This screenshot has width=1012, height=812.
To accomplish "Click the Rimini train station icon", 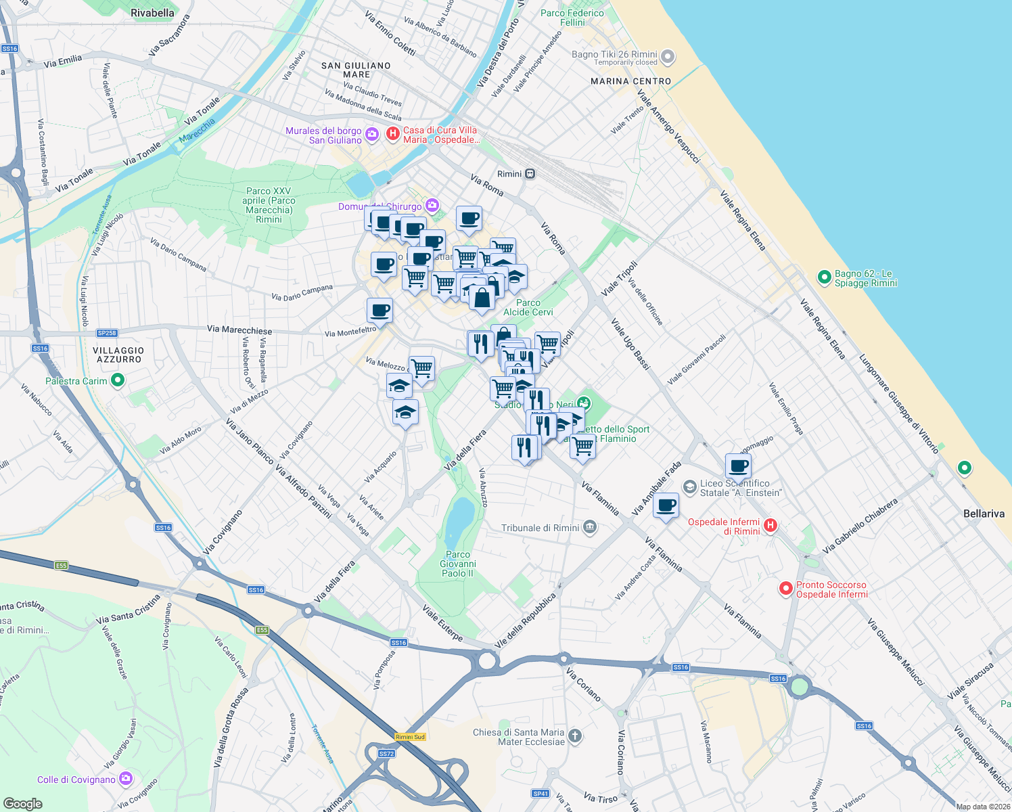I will tap(530, 174).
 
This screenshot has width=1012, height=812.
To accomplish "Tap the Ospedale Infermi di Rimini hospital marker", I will tap(770, 525).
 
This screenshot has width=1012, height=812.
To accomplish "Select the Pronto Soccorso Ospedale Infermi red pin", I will tap(785, 589).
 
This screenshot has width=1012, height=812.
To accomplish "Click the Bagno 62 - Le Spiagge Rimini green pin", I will tap(824, 277).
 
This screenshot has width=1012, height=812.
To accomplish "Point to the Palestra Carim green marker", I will tap(118, 380).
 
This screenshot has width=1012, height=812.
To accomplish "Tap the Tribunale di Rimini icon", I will tap(590, 527).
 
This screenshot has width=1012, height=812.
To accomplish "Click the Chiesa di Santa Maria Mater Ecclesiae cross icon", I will tap(575, 736).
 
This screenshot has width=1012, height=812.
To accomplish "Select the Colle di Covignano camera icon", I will tap(126, 779).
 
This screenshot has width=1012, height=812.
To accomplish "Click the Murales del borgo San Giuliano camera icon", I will tap(371, 135).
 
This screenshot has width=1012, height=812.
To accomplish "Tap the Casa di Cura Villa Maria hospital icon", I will tap(392, 134).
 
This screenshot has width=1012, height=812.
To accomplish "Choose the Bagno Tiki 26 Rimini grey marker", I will tap(668, 57).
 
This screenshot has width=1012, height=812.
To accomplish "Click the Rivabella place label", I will tap(152, 13).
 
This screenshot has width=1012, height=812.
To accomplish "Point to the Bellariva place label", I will tap(984, 514).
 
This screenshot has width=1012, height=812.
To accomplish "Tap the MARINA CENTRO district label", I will tap(630, 81).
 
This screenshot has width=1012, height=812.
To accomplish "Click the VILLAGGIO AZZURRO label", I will tap(118, 355).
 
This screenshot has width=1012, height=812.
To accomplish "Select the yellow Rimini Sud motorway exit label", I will tap(410, 737).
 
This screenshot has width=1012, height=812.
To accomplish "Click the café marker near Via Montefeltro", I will tap(380, 311).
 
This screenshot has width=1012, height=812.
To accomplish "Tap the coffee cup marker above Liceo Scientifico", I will tap(739, 466).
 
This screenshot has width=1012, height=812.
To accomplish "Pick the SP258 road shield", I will tap(107, 333).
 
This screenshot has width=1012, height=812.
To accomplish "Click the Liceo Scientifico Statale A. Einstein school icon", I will tap(689, 487).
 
